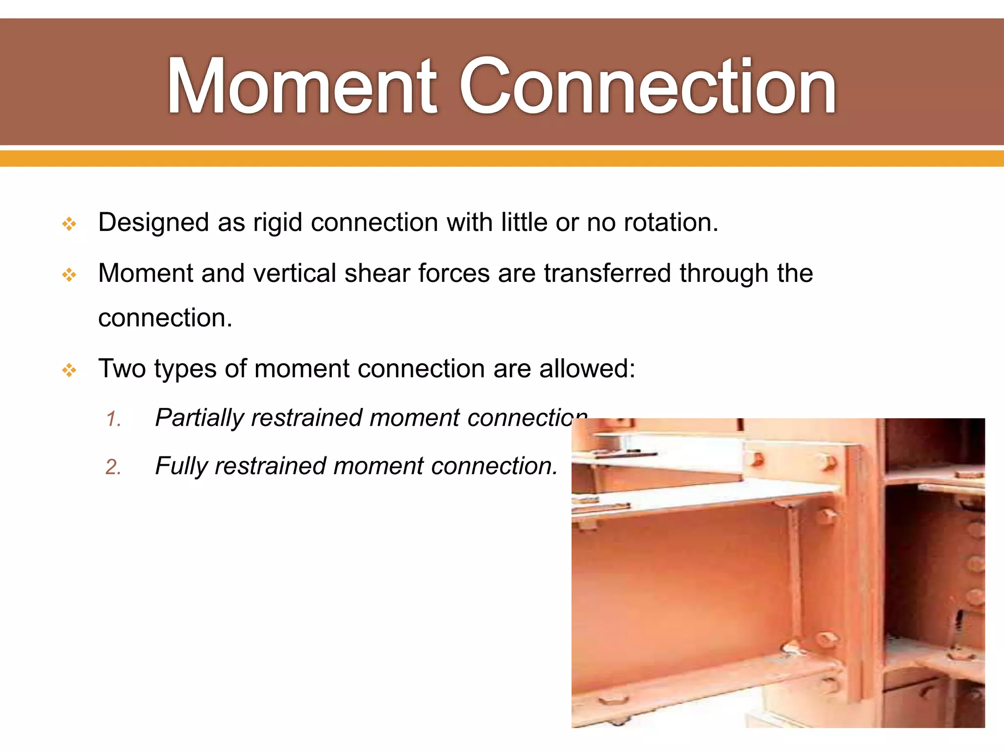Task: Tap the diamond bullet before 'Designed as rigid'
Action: [69, 225]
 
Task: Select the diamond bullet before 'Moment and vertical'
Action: [69, 275]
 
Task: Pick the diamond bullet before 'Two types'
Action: [69, 370]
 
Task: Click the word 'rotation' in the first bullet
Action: [671, 223]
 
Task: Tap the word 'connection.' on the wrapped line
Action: [165, 318]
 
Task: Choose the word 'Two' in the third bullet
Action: [122, 369]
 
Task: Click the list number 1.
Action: [113, 420]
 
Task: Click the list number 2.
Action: [113, 467]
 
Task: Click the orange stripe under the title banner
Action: [502, 158]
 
